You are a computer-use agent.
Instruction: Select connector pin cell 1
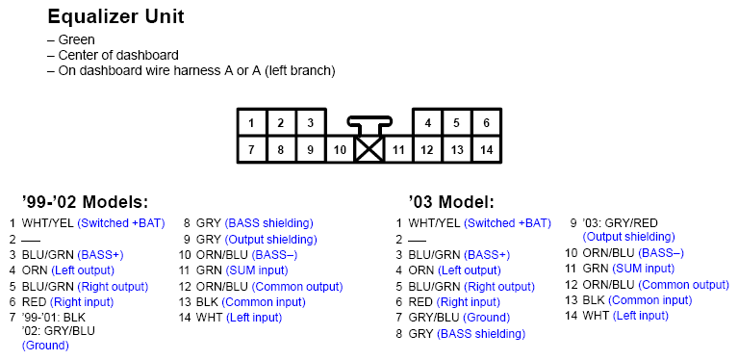[x=251, y=123]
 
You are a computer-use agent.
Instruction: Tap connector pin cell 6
[x=487, y=123]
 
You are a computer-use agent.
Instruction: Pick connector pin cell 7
[x=251, y=150]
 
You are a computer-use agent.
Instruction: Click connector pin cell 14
[x=487, y=150]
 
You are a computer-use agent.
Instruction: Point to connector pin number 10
[x=340, y=151]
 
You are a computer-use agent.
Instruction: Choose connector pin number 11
[x=398, y=151]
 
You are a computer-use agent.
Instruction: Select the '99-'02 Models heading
[x=85, y=202]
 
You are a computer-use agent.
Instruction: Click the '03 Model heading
[x=450, y=202]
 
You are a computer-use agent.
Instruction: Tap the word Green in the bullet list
[x=76, y=40]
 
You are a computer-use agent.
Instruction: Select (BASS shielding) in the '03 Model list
[x=481, y=334]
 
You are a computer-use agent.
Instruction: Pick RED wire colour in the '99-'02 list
[x=35, y=301]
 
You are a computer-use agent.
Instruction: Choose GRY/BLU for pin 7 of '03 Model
[x=434, y=318]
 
